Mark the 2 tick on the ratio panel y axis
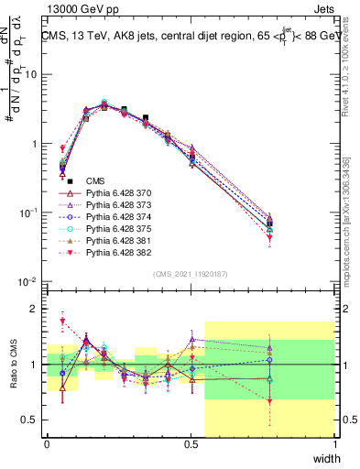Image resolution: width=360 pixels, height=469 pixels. (37, 309)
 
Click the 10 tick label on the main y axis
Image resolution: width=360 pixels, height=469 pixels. (33, 75)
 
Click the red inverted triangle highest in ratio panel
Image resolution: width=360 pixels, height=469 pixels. (62, 321)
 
